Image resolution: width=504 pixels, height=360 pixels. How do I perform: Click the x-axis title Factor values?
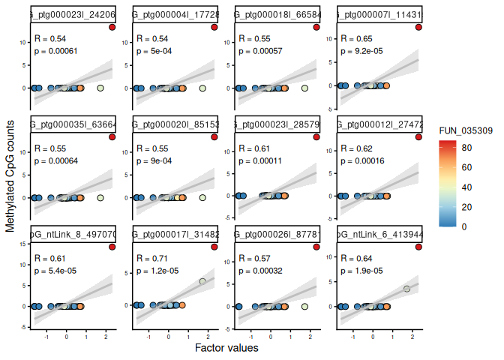(x=226, y=348)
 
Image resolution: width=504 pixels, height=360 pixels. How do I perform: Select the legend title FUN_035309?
(x=461, y=131)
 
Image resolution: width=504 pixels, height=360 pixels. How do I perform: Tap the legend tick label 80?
(x=466, y=149)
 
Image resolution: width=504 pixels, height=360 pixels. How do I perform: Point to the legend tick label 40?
(x=466, y=187)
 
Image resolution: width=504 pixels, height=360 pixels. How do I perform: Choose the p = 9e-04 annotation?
(x=152, y=160)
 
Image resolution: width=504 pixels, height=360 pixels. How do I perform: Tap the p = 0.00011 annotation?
(x=259, y=160)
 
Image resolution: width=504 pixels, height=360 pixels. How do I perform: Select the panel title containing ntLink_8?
(x=73, y=235)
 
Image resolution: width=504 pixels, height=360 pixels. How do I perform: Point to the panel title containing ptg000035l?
(x=73, y=124)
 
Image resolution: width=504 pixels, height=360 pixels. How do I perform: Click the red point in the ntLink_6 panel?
(x=418, y=247)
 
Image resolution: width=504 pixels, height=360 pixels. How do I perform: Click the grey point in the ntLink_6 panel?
(x=406, y=289)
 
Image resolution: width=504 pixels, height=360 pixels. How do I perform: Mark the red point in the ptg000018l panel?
(x=316, y=27)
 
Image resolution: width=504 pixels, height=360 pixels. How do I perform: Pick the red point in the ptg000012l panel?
(x=418, y=137)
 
